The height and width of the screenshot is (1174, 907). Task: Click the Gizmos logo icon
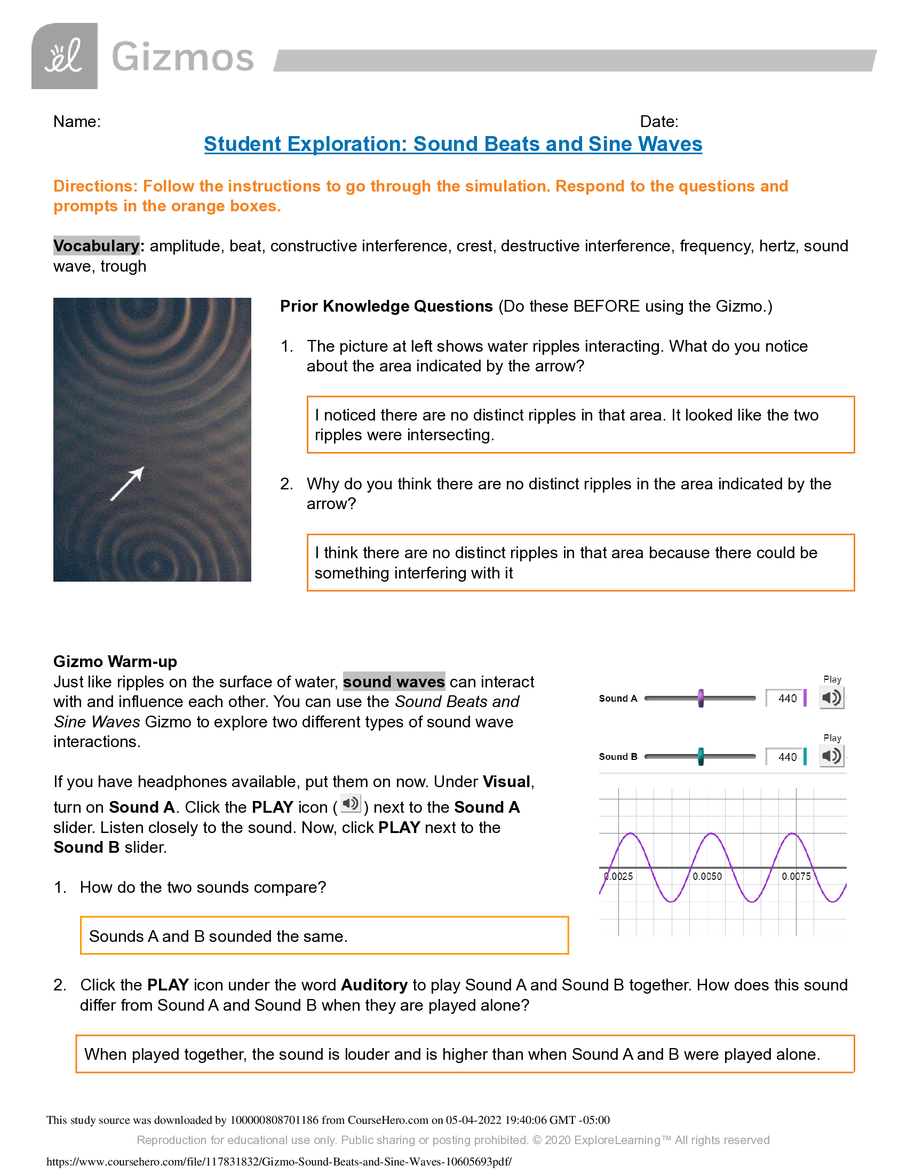point(65,56)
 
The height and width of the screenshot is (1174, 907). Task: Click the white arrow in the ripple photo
point(128,483)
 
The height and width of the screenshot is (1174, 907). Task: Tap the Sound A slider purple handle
point(701,699)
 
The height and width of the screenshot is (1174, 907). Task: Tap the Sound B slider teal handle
point(701,756)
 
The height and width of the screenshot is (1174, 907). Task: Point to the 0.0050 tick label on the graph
point(706,876)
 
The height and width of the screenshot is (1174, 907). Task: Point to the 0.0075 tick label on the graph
point(796,876)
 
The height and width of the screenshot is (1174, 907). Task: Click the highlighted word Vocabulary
point(96,245)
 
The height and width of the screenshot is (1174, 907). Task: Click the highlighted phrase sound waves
point(393,681)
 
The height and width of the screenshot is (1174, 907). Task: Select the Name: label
point(77,122)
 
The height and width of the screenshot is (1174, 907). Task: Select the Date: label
point(659,122)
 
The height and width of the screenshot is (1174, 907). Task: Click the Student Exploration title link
point(453,144)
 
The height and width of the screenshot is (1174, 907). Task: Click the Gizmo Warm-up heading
point(115,661)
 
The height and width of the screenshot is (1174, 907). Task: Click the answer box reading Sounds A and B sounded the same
point(324,936)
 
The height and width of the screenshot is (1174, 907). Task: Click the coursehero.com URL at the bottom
point(279,1162)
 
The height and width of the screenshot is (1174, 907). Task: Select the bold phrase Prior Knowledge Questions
point(386,306)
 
